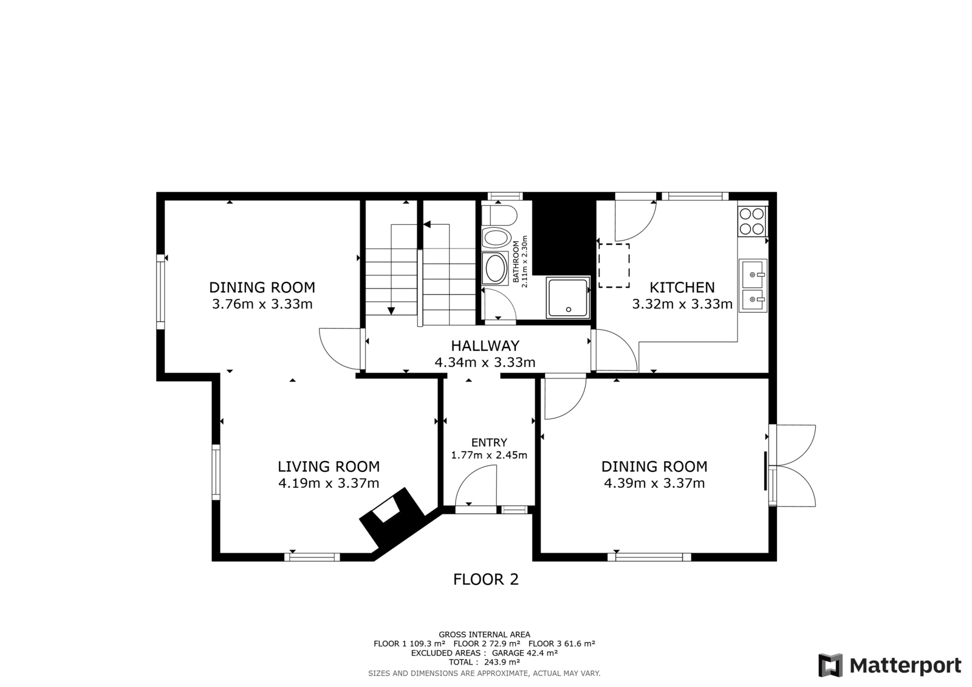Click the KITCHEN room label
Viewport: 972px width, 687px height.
point(682,287)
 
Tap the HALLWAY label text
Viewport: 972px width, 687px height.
point(485,346)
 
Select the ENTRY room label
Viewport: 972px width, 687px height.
point(489,442)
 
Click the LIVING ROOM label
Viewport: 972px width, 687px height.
point(329,467)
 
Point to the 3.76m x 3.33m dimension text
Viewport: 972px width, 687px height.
point(262,304)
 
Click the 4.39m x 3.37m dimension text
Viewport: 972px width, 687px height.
point(654,483)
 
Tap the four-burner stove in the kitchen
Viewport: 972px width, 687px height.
point(753,221)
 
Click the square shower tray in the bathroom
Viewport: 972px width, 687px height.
point(569,297)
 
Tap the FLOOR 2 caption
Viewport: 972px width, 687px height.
point(485,579)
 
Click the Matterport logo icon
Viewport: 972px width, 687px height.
point(830,665)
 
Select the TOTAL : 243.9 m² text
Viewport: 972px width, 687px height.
point(484,662)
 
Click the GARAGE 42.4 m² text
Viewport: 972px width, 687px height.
point(524,653)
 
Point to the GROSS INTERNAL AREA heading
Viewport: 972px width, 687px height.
point(484,635)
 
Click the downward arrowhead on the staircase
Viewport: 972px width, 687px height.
point(391,311)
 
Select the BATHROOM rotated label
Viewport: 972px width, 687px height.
point(516,262)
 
